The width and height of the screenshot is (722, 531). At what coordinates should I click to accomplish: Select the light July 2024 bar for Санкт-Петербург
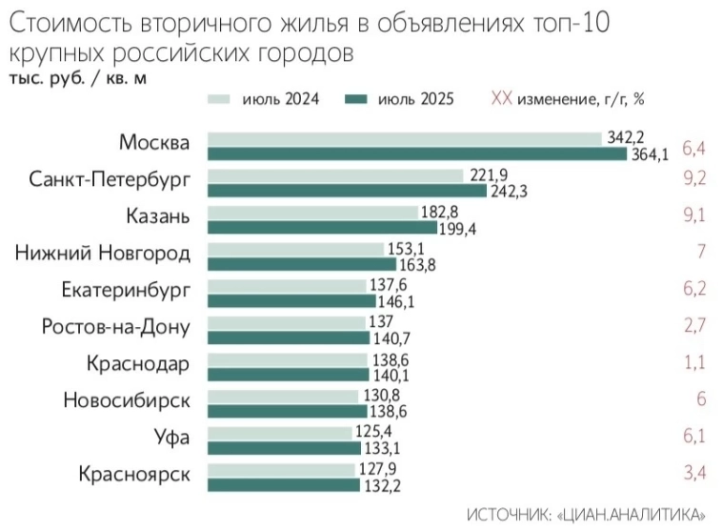[x=335, y=174]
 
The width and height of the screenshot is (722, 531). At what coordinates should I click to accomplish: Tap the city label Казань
[x=157, y=216]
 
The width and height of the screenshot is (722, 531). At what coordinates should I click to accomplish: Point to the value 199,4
[x=457, y=229]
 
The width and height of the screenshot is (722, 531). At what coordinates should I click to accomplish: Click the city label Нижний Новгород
[x=103, y=253]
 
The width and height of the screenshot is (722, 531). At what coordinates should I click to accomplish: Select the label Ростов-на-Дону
[x=115, y=327]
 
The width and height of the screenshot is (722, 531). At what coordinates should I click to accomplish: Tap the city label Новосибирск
[x=126, y=400]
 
